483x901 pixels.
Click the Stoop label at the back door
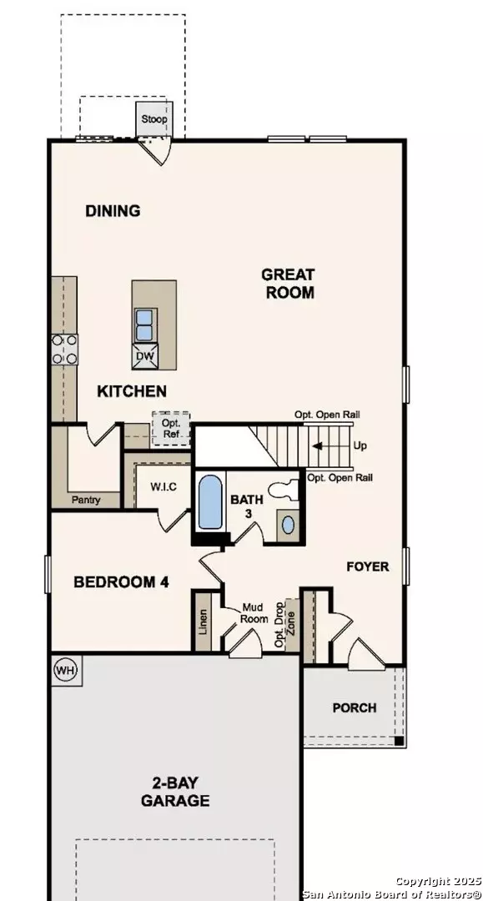point(154,119)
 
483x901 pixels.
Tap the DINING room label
point(113,211)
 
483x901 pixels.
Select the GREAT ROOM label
point(289,284)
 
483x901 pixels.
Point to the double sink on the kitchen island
point(144,326)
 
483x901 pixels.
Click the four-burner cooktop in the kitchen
point(65,350)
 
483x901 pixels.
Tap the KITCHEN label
point(132,391)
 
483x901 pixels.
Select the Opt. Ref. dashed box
point(171,429)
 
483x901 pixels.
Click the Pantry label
point(86,500)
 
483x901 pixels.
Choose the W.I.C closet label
point(164,487)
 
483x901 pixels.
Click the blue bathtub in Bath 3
point(210,503)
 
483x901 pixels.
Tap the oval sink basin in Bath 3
point(289,525)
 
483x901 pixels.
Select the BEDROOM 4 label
point(121,582)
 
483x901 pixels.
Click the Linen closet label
point(203,622)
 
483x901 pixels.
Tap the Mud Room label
point(254,613)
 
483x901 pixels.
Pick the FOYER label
point(368,566)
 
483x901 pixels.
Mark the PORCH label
point(355,708)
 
